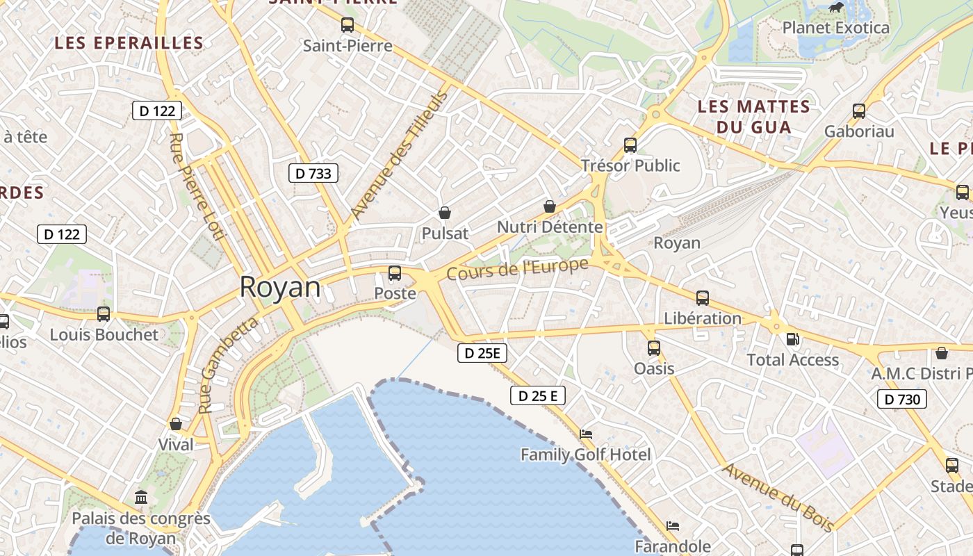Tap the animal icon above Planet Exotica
coord(835,8)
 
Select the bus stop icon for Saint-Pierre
coord(347,25)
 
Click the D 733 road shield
coord(313,173)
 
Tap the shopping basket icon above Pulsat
coord(445,213)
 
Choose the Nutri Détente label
coord(549,227)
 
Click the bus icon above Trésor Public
coord(630,145)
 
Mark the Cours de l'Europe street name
coord(517,269)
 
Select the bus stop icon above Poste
coord(395,273)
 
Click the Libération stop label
coord(703,318)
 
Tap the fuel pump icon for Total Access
coord(792,339)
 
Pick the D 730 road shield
coord(902,399)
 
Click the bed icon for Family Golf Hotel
coord(586,434)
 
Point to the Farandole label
coord(672,546)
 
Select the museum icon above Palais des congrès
coord(142,497)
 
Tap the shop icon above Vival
coord(176,424)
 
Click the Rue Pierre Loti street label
coord(197,187)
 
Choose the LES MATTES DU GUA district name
coord(754,117)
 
